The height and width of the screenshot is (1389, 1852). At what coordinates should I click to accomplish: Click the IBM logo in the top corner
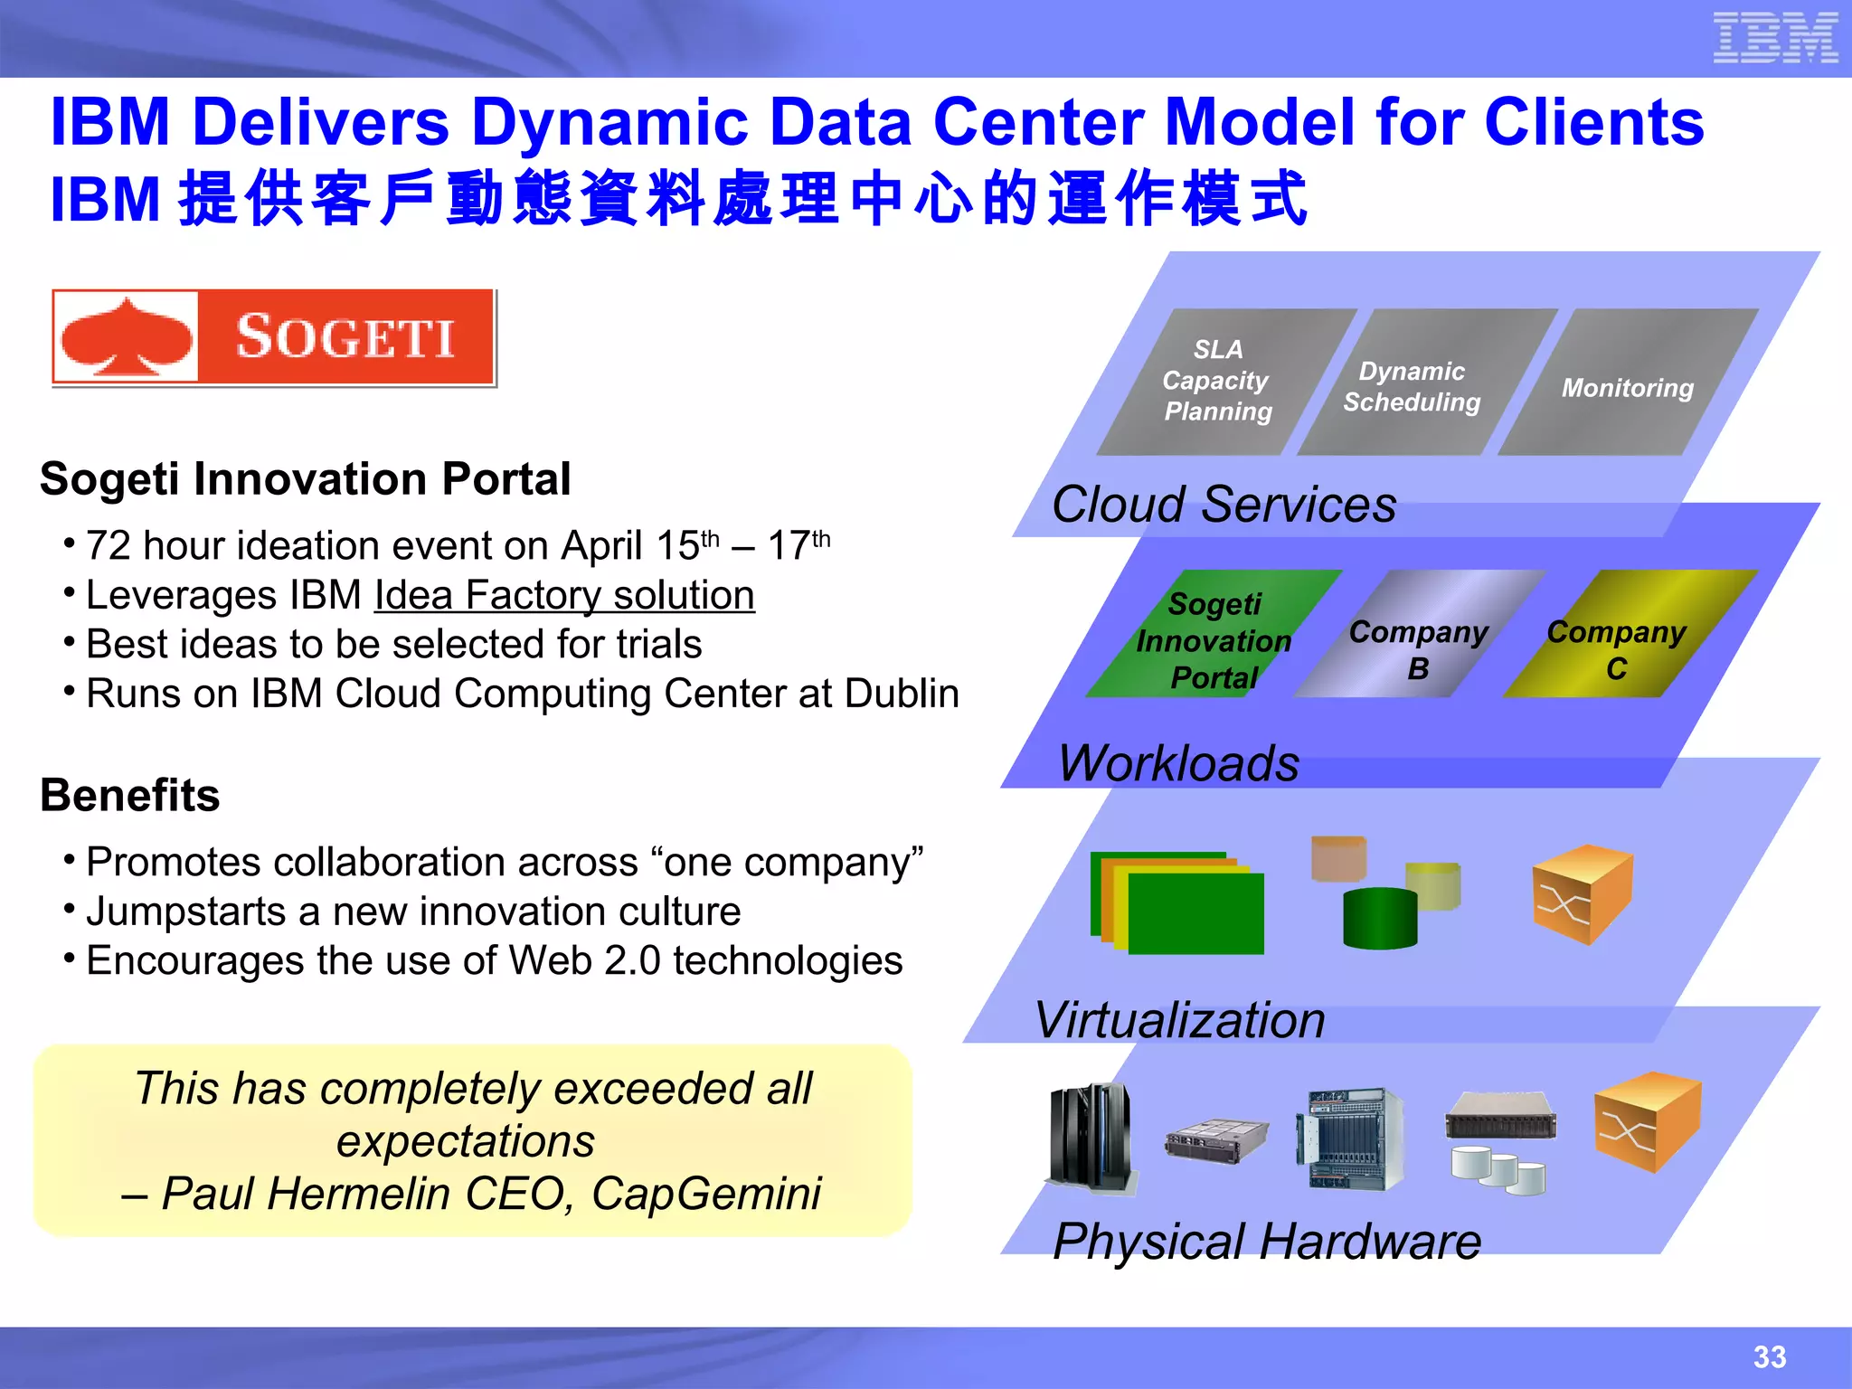(x=1774, y=38)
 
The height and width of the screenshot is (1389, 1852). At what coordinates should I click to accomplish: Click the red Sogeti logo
(x=273, y=337)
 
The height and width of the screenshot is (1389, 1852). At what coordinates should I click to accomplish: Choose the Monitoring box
(x=1628, y=387)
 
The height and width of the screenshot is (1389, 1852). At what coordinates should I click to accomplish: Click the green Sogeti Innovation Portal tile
(x=1214, y=638)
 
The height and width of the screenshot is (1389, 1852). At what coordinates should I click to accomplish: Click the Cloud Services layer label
(x=1224, y=505)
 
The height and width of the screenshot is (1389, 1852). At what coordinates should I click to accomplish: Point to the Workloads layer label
(x=1178, y=763)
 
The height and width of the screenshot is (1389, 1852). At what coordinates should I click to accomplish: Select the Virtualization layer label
(x=1180, y=1021)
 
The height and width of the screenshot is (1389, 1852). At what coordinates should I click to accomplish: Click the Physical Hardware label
(x=1267, y=1242)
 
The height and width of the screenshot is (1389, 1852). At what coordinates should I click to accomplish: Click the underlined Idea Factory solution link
(x=564, y=596)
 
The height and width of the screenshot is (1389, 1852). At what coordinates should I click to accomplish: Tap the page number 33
(x=1770, y=1356)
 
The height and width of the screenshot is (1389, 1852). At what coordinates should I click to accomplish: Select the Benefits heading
(x=130, y=796)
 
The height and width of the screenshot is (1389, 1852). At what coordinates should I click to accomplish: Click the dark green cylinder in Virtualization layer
(x=1380, y=919)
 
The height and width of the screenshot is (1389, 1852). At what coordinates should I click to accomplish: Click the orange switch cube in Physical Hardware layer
(x=1646, y=1121)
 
